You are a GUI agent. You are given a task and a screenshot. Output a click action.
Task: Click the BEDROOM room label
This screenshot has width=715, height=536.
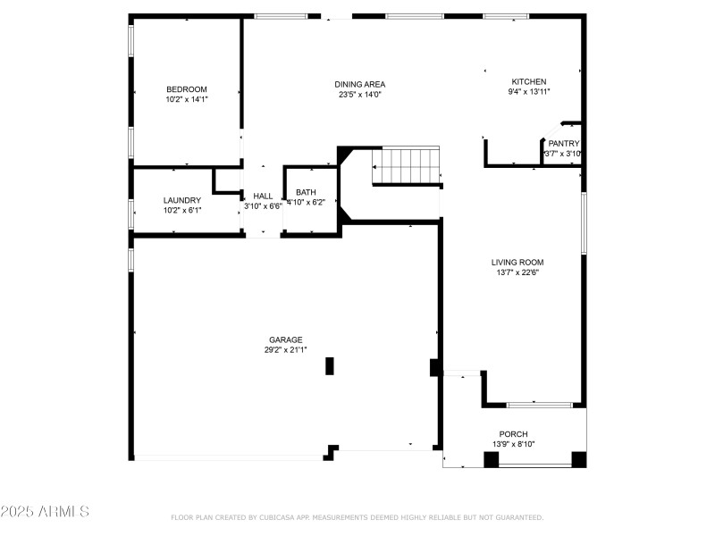pos(186,89)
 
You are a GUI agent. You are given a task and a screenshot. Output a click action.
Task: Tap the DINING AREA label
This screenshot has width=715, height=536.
pos(361,84)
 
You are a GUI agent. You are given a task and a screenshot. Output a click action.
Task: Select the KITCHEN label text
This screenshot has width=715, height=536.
pos(529,81)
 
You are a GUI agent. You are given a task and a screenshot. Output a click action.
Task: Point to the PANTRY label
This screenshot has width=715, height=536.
pos(564,143)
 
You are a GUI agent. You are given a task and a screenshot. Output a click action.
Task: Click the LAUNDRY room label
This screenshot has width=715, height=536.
pos(182,200)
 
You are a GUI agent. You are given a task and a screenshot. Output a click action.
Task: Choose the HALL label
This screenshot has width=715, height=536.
pos(263,196)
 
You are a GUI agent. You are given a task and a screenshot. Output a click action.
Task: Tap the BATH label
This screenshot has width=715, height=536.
pos(307,192)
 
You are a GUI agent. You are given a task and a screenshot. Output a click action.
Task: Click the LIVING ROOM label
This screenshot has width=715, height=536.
pos(517,262)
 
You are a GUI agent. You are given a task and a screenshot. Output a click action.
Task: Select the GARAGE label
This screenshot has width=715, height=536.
pos(286,339)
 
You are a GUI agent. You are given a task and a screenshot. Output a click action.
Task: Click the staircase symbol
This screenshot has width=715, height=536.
pos(407,166)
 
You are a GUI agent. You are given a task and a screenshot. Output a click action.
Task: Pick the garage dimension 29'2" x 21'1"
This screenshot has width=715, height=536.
pos(286,350)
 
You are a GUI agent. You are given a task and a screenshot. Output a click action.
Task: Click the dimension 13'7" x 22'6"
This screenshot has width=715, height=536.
pos(517,272)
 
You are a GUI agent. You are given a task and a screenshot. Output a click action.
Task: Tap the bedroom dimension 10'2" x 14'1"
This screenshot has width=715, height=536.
pos(186,99)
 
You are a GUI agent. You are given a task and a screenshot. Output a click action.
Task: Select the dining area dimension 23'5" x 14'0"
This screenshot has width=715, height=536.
pos(361,95)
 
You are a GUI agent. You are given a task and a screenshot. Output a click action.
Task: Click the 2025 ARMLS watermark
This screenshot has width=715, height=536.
pos(45,512)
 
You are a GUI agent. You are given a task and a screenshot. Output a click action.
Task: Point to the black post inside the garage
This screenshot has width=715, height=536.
pos(330,365)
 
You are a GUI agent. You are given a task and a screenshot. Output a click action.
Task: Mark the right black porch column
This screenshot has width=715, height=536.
pos(578,459)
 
